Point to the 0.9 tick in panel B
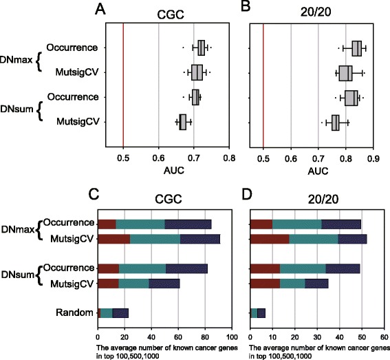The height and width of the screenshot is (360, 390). pyautogui.click(x=373, y=142)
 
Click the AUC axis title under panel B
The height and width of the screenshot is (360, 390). pyautogui.click(x=318, y=156)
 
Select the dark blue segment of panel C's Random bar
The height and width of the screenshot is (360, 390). pyautogui.click(x=120, y=313)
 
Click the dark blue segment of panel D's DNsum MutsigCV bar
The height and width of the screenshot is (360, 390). pyautogui.click(x=316, y=283)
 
